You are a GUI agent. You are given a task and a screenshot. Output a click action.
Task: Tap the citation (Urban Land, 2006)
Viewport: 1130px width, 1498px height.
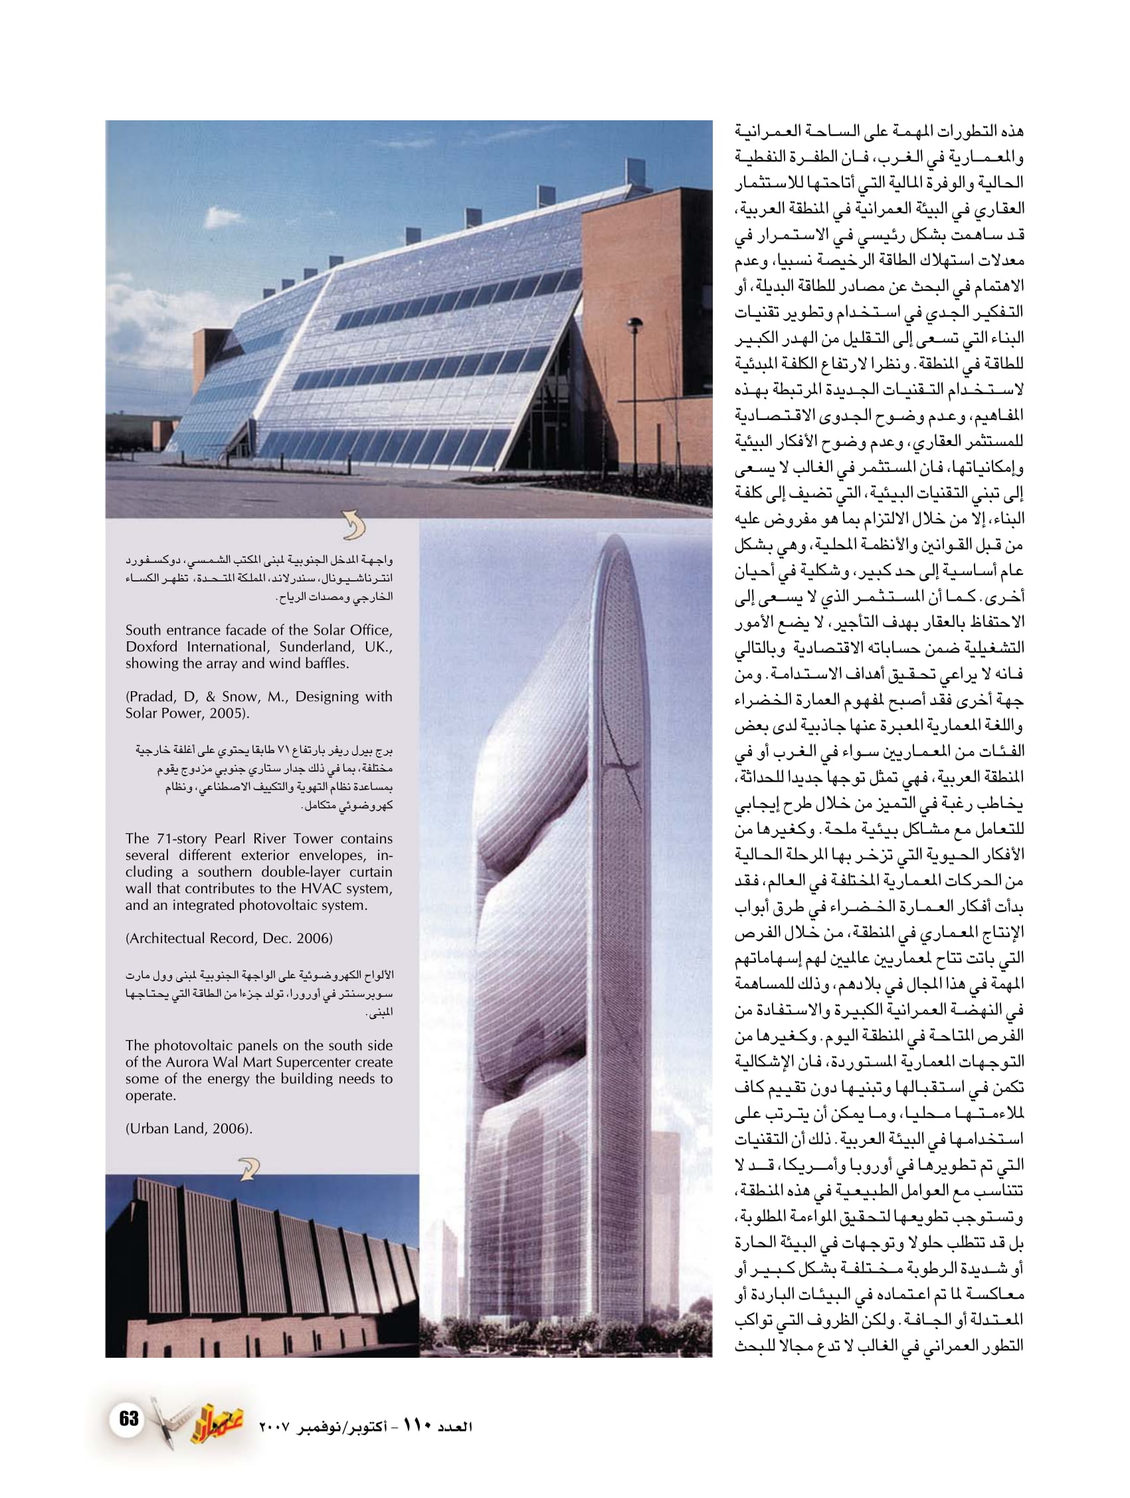[x=189, y=1129]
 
